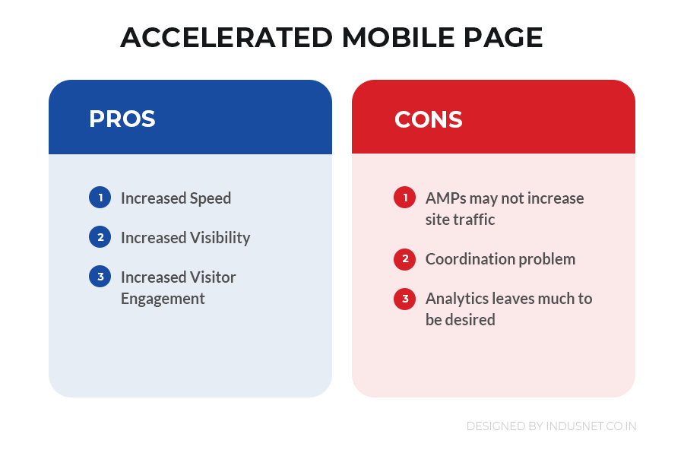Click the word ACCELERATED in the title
coord(226,37)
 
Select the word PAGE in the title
coord(503,37)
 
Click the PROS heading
coord(122,119)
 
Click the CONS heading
coord(429,119)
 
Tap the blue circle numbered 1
coord(100,198)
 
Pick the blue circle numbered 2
coord(100,237)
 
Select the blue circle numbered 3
coord(100,276)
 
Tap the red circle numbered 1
coord(405,198)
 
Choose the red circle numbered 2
coord(405,259)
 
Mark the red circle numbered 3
coord(405,299)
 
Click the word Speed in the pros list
coord(211,199)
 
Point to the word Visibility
coord(220,238)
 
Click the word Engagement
coord(163,299)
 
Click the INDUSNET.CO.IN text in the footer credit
coord(591,426)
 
